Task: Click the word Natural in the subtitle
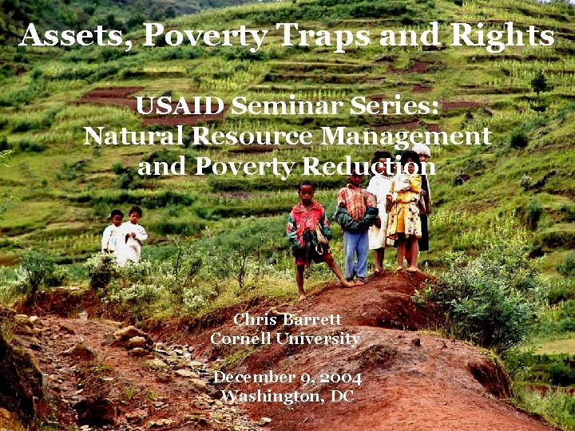(131, 136)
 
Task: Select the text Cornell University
(284, 339)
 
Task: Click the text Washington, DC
(287, 396)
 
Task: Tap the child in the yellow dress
(405, 208)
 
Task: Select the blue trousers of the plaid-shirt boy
(356, 254)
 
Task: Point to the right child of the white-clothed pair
(133, 235)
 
